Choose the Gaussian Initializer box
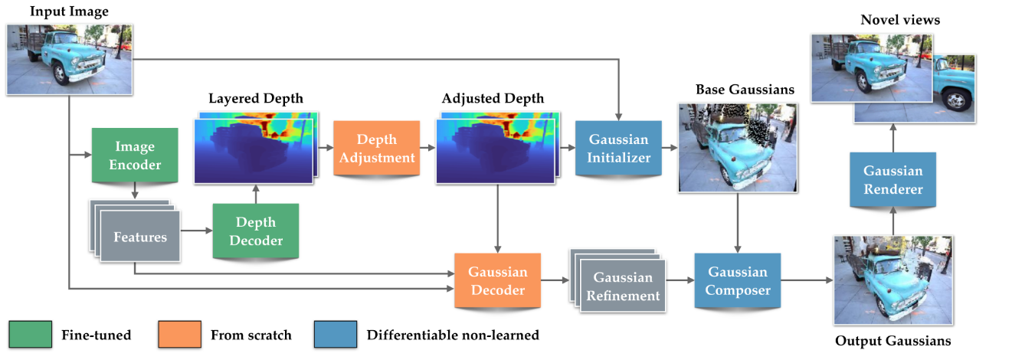[619, 149]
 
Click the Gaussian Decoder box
[498, 281]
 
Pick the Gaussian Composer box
[737, 281]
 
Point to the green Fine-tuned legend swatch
[31, 335]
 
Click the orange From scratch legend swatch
[179, 335]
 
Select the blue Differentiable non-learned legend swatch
[335, 335]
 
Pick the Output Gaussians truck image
[893, 280]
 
